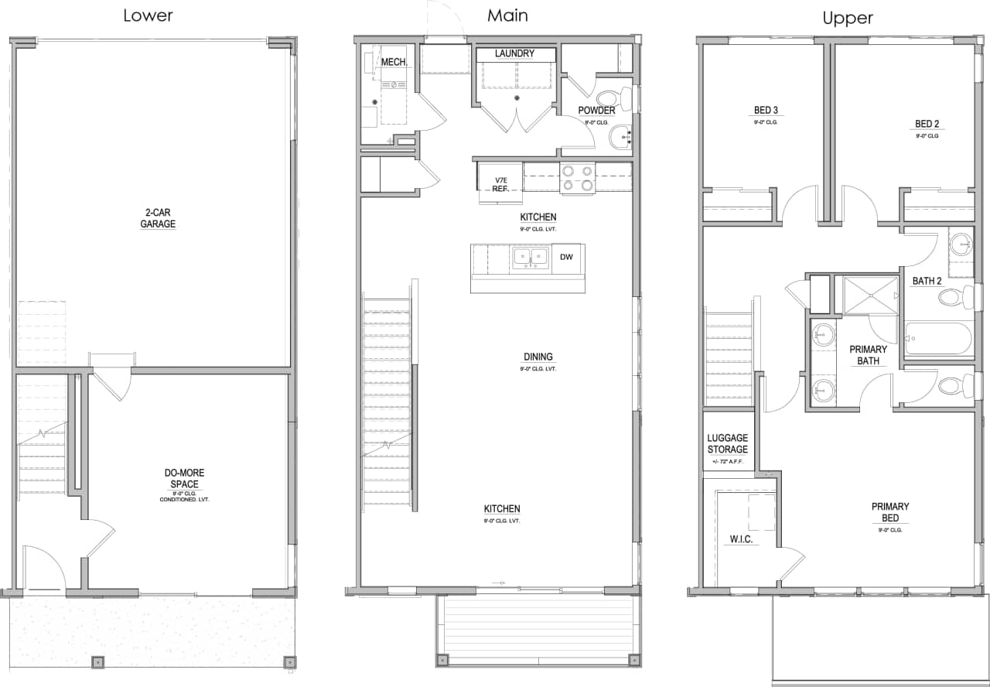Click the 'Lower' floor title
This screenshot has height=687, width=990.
point(148,15)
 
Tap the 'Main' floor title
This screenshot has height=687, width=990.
point(507,15)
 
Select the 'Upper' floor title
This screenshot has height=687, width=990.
point(848,17)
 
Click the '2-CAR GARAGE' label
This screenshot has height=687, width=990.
point(158,218)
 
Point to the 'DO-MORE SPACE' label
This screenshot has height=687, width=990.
point(184,479)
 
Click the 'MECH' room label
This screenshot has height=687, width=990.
point(394,61)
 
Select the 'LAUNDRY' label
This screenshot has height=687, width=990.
point(514,53)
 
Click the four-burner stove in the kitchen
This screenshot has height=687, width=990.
point(577,178)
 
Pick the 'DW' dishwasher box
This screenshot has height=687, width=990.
point(567,257)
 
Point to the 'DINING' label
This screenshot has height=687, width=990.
point(538,357)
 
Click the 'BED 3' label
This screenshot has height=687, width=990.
point(764,111)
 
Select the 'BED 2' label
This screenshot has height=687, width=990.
point(927,124)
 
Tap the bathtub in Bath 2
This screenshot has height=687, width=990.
point(938,339)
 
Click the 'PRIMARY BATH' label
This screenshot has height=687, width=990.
point(869,355)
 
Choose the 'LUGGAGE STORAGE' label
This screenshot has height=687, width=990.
point(728,443)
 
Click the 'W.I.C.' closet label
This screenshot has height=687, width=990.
point(741,538)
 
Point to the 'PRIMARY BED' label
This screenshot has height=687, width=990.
point(890,512)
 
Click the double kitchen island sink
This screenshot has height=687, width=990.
point(531,257)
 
